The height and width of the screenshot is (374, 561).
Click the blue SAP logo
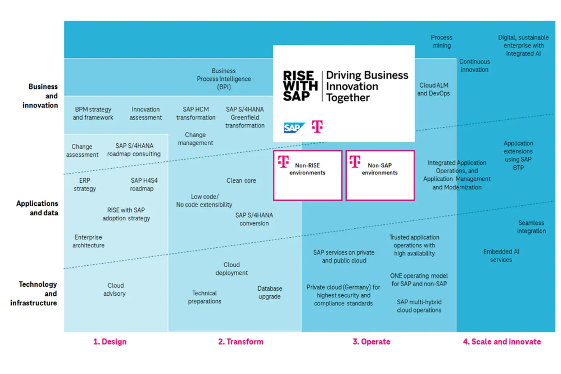294,127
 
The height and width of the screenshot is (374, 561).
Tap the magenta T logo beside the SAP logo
318,127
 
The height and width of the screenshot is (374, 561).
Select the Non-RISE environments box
307,175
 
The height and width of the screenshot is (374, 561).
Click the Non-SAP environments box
380,175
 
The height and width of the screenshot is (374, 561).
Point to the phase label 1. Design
110,342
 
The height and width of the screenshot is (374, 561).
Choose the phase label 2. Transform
241,342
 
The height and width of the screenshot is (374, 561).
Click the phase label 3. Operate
371,342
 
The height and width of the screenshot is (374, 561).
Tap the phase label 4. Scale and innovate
502,342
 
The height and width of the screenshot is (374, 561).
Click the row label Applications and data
37,208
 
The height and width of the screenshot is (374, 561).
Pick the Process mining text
441,41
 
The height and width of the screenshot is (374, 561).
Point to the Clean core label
241,180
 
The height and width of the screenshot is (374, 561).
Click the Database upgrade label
270,292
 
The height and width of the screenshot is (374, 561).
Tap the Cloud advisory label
115,289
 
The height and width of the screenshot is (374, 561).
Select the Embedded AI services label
501,256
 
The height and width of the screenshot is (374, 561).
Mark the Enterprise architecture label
88,241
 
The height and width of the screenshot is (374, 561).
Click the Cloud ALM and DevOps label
434,89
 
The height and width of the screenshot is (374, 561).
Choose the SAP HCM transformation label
196,113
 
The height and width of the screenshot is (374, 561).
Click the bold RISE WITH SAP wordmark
300,86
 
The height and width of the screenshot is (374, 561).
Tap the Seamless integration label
531,227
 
